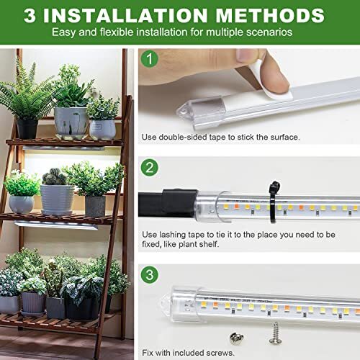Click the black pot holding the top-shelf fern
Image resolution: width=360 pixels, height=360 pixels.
27,128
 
